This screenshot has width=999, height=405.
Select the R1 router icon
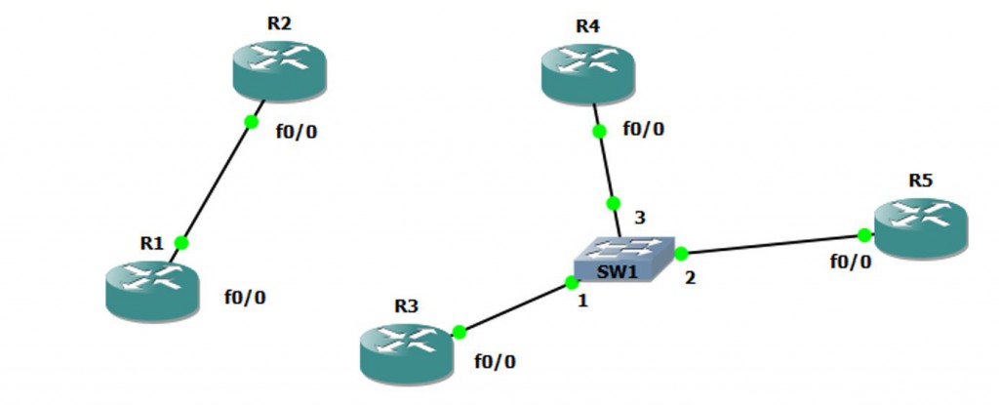(x=151, y=287)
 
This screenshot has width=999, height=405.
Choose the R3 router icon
(x=407, y=351)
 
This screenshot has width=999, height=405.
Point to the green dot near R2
(x=251, y=122)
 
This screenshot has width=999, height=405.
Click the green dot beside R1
(x=180, y=243)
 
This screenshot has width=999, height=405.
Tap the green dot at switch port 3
(x=613, y=204)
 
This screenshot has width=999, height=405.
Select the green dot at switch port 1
(x=572, y=284)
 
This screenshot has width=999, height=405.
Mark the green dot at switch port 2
(x=681, y=254)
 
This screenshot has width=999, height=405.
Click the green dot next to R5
(x=864, y=235)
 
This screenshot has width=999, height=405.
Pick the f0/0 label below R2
(x=297, y=132)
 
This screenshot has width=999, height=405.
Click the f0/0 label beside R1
(x=245, y=298)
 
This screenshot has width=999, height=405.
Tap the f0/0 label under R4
(x=644, y=128)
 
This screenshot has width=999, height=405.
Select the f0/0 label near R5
(x=850, y=262)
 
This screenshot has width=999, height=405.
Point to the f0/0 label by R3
(x=496, y=362)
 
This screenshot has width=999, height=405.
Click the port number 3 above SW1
(x=640, y=217)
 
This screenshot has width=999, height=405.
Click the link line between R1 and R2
(x=216, y=182)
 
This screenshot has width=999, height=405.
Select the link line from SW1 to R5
(x=771, y=244)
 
